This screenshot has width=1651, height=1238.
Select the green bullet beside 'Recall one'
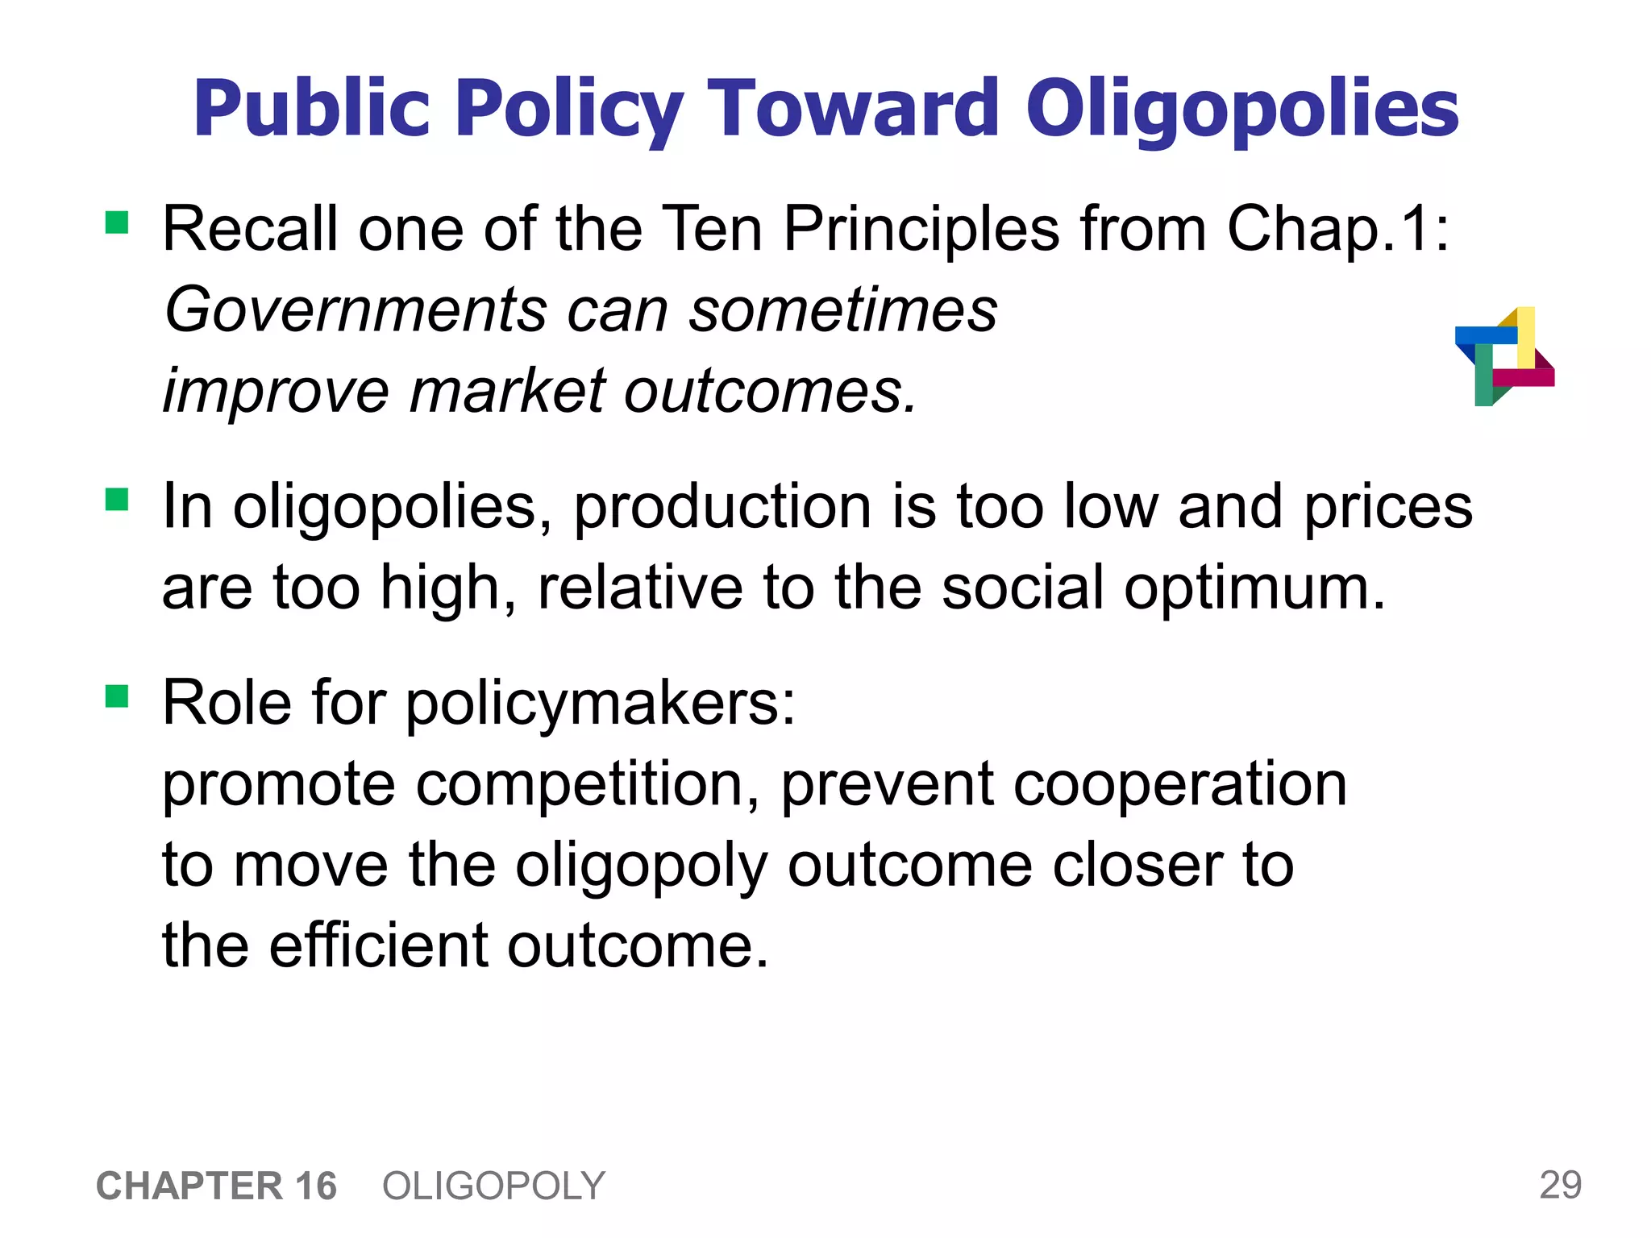(x=117, y=222)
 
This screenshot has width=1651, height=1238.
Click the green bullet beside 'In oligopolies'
(x=117, y=500)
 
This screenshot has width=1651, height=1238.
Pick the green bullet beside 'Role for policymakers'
(x=117, y=696)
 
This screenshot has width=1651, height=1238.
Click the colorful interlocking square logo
(x=1504, y=356)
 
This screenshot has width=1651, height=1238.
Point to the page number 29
(x=1560, y=1185)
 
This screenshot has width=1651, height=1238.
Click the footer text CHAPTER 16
(x=216, y=1186)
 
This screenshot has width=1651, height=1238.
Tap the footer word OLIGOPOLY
(x=493, y=1186)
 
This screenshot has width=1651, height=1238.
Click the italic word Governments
(x=355, y=310)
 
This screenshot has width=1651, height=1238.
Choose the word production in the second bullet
(x=722, y=508)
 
